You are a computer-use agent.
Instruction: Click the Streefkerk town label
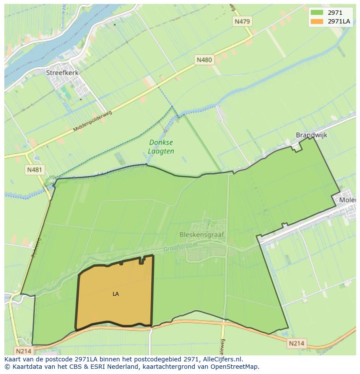point(62,73)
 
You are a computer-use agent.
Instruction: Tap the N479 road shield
point(243,21)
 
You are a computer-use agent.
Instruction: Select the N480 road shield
point(204,60)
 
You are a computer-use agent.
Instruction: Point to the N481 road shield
point(34,169)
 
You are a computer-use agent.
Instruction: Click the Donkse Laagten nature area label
point(161,147)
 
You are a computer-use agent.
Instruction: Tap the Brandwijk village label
point(311,135)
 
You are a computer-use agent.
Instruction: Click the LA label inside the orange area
point(116,294)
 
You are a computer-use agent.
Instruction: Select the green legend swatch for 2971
point(317,13)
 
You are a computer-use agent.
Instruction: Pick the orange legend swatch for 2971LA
point(317,21)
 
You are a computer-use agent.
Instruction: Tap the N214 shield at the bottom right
point(296,344)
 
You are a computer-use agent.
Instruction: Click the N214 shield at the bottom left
point(24,351)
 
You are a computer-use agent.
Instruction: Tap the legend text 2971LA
point(339,21)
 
